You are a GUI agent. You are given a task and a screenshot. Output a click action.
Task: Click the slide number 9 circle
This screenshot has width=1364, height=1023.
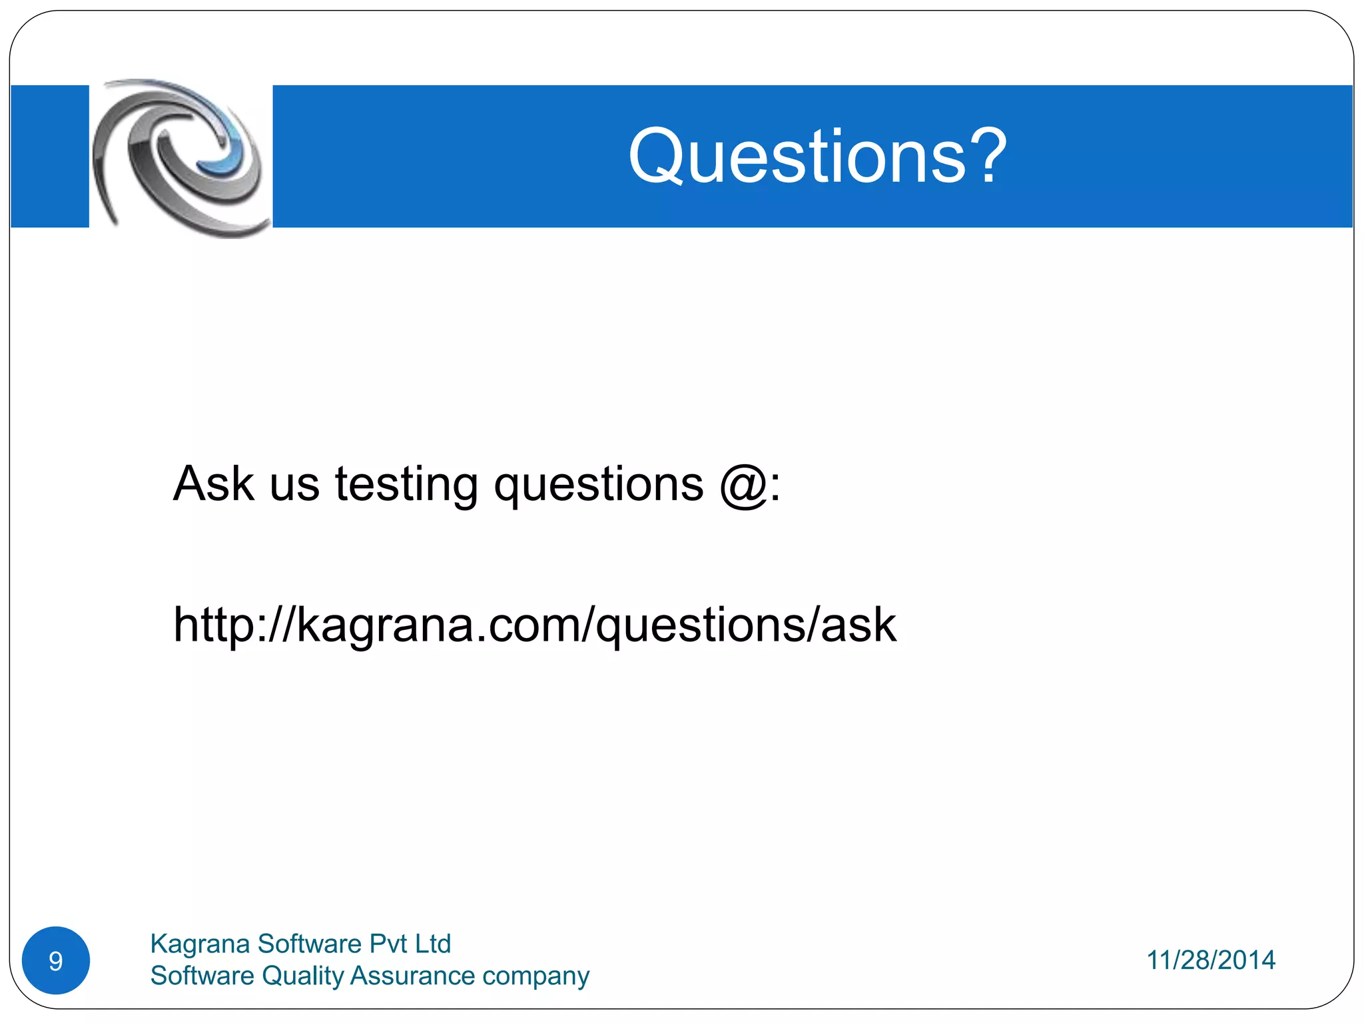click(x=56, y=960)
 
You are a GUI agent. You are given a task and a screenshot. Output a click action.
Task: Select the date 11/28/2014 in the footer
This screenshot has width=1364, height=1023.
click(x=1210, y=960)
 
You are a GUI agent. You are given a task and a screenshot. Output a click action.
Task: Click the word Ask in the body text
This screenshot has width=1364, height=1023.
click(x=213, y=484)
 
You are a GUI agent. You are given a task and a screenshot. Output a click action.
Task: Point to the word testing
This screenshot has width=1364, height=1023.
click(x=406, y=485)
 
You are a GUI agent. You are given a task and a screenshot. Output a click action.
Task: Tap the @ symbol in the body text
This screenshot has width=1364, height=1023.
click(x=743, y=485)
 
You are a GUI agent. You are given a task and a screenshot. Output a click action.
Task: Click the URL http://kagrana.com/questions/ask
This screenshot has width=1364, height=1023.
click(x=534, y=625)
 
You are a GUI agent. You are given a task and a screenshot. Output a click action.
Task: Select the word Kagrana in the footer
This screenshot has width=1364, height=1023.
click(x=199, y=944)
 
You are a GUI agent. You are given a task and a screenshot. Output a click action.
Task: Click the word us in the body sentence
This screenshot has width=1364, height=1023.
click(x=294, y=485)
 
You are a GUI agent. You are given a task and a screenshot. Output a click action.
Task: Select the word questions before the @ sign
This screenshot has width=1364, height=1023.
click(x=598, y=485)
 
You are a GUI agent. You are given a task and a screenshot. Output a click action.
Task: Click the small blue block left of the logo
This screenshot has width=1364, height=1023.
click(x=50, y=157)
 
